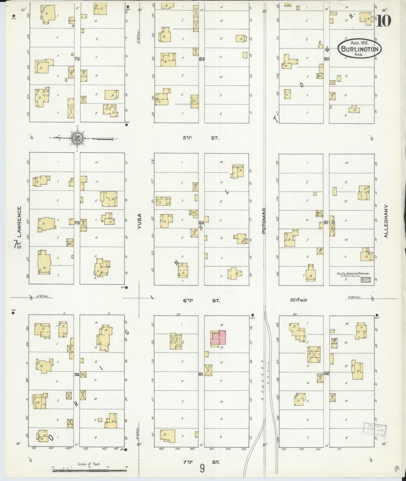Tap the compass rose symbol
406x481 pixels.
(76, 138)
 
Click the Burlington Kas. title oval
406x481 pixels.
(359, 49)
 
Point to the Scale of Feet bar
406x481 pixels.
(90, 470)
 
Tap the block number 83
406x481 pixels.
(201, 59)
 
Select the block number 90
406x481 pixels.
(326, 59)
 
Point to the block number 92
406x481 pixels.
(326, 374)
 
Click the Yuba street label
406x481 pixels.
(139, 222)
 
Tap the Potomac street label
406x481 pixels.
(264, 222)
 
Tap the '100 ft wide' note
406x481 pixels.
(298, 300)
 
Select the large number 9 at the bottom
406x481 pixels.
(202, 468)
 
